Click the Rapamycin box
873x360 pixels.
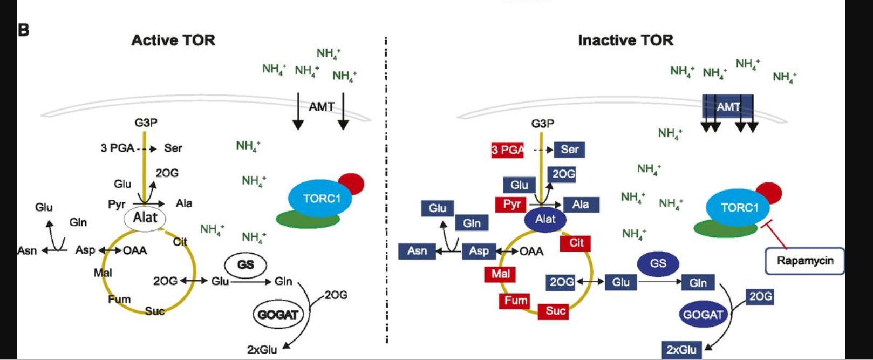pyautogui.click(x=804, y=261)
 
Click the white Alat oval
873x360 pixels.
pyautogui.click(x=145, y=218)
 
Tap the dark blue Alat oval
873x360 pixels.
pyautogui.click(x=545, y=219)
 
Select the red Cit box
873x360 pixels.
pyautogui.click(x=576, y=243)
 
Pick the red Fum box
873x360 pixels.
pyautogui.click(x=515, y=301)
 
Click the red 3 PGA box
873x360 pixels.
pyautogui.click(x=507, y=150)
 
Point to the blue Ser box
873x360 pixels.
pyautogui.click(x=569, y=150)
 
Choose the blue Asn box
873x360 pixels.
pyautogui.click(x=417, y=251)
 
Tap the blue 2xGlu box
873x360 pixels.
pyautogui.click(x=681, y=349)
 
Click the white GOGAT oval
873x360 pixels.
pyautogui.click(x=278, y=314)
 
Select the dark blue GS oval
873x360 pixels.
pyautogui.click(x=658, y=263)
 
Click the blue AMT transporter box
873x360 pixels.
pyautogui.click(x=728, y=107)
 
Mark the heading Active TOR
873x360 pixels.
pyautogui.click(x=173, y=40)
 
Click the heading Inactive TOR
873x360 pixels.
pyautogui.click(x=625, y=40)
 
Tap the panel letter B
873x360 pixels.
pyautogui.click(x=23, y=30)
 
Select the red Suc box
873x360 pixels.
pyautogui.click(x=555, y=311)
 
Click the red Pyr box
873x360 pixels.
pyautogui.click(x=511, y=204)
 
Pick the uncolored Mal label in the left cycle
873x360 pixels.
pyautogui.click(x=103, y=273)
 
